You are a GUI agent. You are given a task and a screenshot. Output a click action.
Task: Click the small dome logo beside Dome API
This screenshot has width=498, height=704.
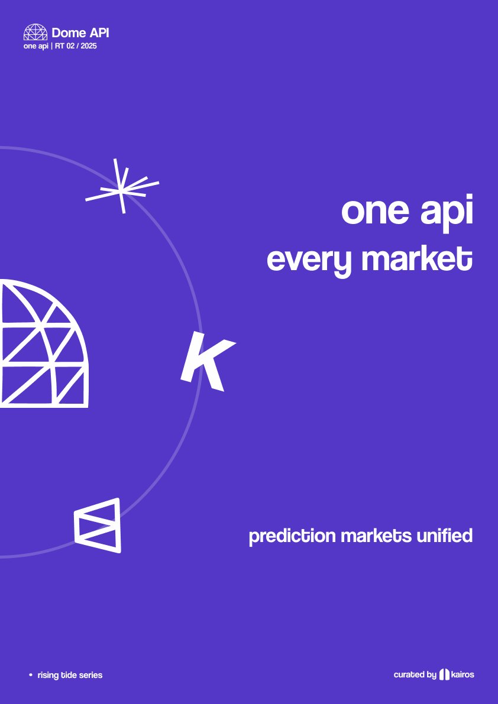coord(35,32)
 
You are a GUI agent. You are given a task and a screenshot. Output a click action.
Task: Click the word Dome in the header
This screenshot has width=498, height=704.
coord(68,33)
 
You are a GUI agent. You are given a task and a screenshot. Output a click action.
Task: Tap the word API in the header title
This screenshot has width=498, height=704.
coord(98,33)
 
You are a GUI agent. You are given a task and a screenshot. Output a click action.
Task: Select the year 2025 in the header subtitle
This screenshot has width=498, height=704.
coord(89,46)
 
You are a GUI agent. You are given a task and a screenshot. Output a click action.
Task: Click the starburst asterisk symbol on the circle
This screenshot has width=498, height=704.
coord(122,186)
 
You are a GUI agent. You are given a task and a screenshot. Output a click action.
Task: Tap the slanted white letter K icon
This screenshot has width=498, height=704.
coord(208,361)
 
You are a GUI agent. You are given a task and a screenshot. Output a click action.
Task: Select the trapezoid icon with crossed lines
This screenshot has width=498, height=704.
coord(98,525)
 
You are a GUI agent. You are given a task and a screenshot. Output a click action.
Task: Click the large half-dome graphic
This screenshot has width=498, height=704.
coord(44,343)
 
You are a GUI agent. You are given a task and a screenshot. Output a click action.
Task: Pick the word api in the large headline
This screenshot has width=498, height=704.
coord(447,214)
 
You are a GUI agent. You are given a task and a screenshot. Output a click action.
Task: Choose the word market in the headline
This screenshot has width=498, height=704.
coord(417,259)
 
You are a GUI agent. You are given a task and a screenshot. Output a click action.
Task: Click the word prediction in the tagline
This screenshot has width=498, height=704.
coord(292,536)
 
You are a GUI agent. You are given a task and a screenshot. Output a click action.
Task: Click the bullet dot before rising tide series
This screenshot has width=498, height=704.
coord(31,675)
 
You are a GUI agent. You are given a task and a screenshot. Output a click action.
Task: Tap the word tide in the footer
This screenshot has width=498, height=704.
coord(66,675)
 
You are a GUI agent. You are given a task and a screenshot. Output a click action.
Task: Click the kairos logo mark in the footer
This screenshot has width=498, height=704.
coord(444,674)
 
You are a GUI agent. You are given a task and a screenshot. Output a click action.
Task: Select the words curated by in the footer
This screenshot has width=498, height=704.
coord(415,675)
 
